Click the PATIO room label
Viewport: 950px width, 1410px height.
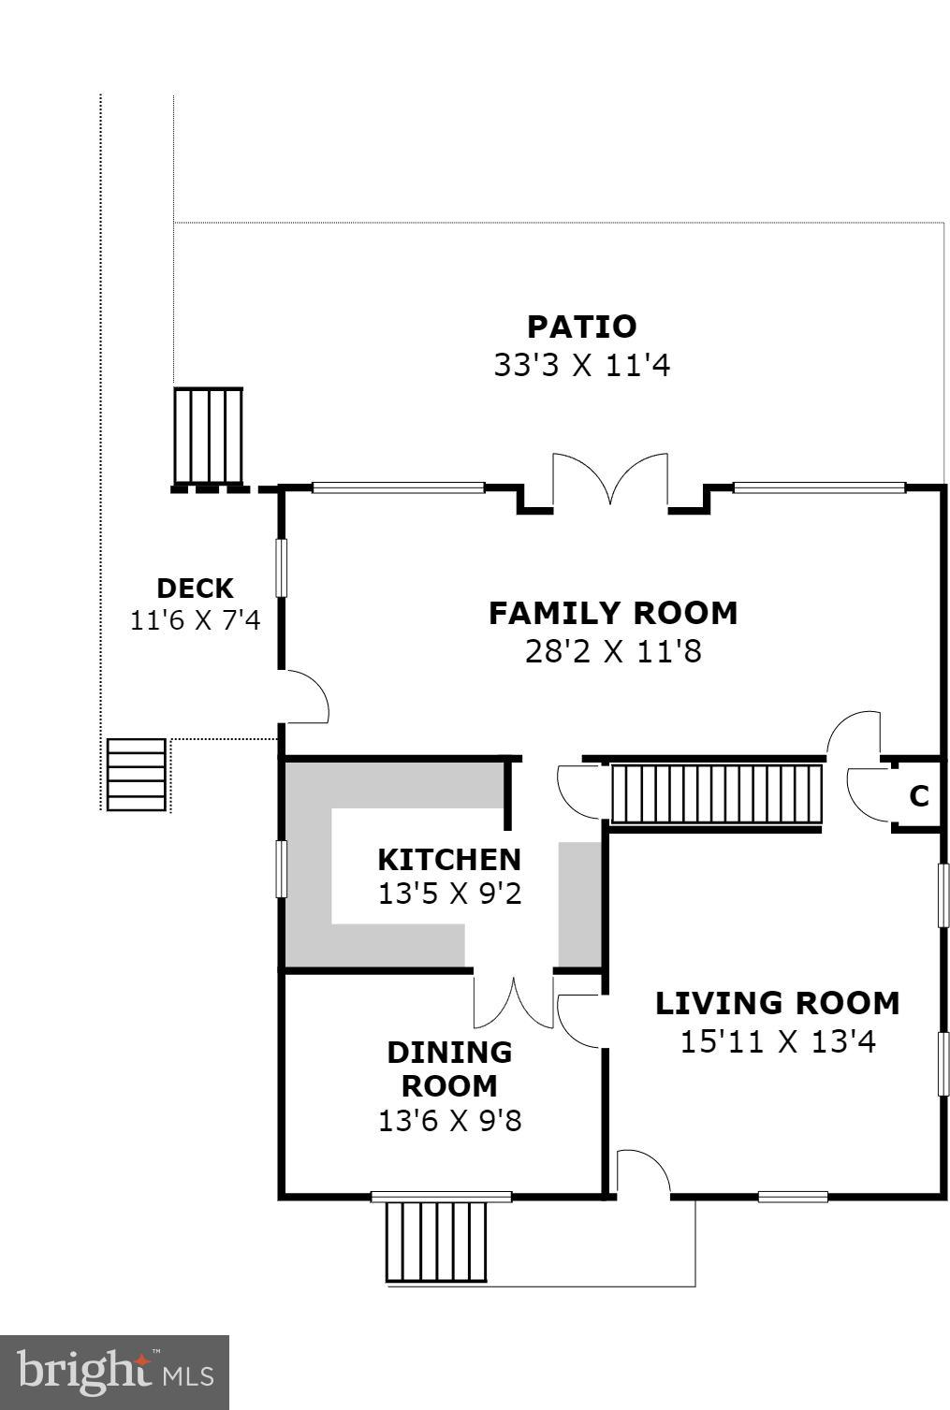582,326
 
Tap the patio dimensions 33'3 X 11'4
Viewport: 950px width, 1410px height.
582,365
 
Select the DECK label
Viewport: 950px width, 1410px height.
196,589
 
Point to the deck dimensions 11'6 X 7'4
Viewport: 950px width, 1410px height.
196,620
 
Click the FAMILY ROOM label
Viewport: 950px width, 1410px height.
613,613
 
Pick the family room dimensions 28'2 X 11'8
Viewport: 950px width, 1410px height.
613,651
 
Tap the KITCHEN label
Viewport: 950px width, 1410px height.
449,860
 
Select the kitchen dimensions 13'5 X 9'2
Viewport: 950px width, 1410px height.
449,894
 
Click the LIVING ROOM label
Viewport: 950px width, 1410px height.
778,1003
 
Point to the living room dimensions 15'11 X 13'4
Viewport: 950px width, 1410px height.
778,1041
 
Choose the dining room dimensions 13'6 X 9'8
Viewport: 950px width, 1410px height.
449,1121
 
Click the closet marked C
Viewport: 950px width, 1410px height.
919,796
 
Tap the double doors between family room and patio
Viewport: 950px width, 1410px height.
610,480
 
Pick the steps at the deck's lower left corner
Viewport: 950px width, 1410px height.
137,775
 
